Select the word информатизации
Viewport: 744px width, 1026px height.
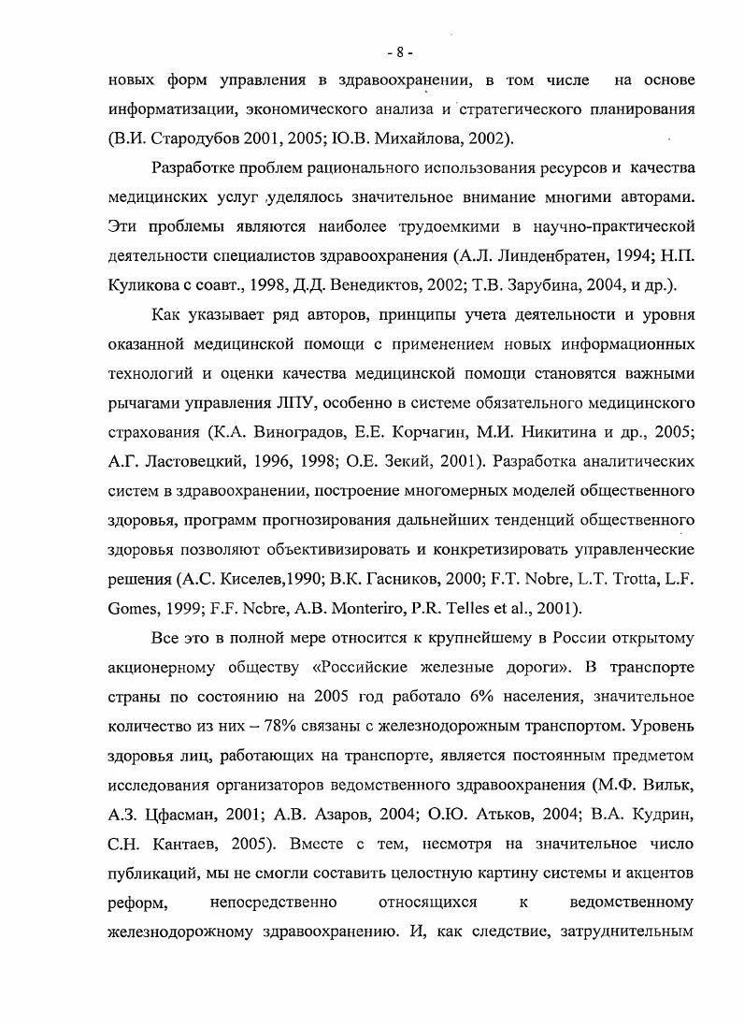[x=167, y=109]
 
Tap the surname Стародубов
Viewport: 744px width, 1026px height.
[x=195, y=138]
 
